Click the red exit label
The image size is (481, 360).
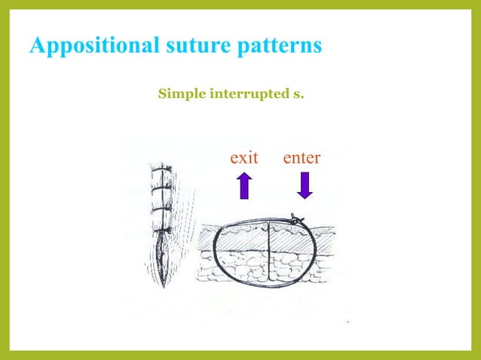pyautogui.click(x=244, y=158)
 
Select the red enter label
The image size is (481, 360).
pyautogui.click(x=302, y=158)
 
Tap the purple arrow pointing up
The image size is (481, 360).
pyautogui.click(x=244, y=185)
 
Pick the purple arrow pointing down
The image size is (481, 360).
pyautogui.click(x=305, y=185)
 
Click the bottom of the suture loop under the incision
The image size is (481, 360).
pyautogui.click(x=269, y=286)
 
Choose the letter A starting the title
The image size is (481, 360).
pyautogui.click(x=37, y=45)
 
